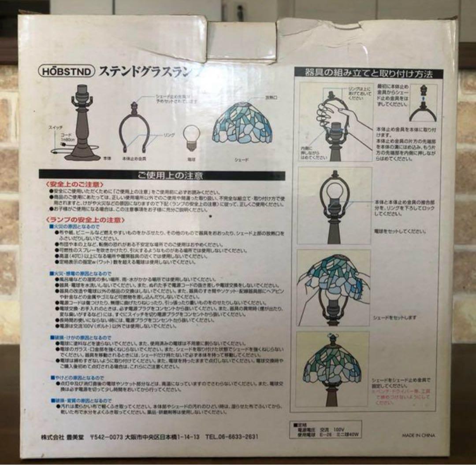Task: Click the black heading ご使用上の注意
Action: pos(162,175)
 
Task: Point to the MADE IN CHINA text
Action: pos(418,435)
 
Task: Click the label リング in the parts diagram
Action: pos(169,135)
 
